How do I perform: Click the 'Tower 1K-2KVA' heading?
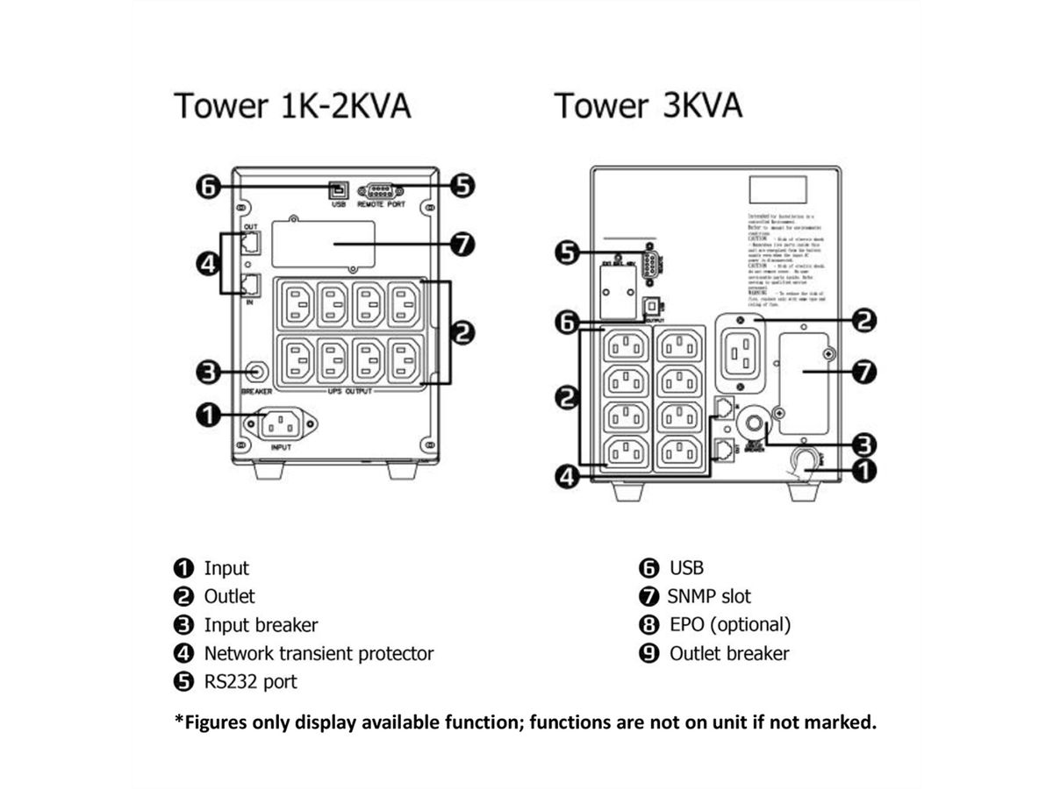pos(293,105)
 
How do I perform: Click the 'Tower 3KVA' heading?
pos(648,105)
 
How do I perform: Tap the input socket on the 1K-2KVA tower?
pos(282,425)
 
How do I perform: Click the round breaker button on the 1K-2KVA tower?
pos(257,372)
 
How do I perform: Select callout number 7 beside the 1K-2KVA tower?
pos(462,245)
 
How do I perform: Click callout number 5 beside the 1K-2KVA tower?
pos(462,186)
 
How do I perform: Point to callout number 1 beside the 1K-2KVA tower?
pos(208,414)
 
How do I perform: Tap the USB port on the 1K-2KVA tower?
pos(338,189)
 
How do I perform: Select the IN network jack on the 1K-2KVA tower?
pos(250,283)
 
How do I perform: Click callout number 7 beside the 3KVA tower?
pos(864,371)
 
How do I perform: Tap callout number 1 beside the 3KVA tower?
pos(864,471)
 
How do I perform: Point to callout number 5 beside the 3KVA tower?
pos(567,253)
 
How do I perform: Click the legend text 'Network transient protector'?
pos(319,653)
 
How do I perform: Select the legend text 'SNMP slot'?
pos(709,597)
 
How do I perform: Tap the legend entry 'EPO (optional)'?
pos(729,625)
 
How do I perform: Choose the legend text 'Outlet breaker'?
pos(728,653)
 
